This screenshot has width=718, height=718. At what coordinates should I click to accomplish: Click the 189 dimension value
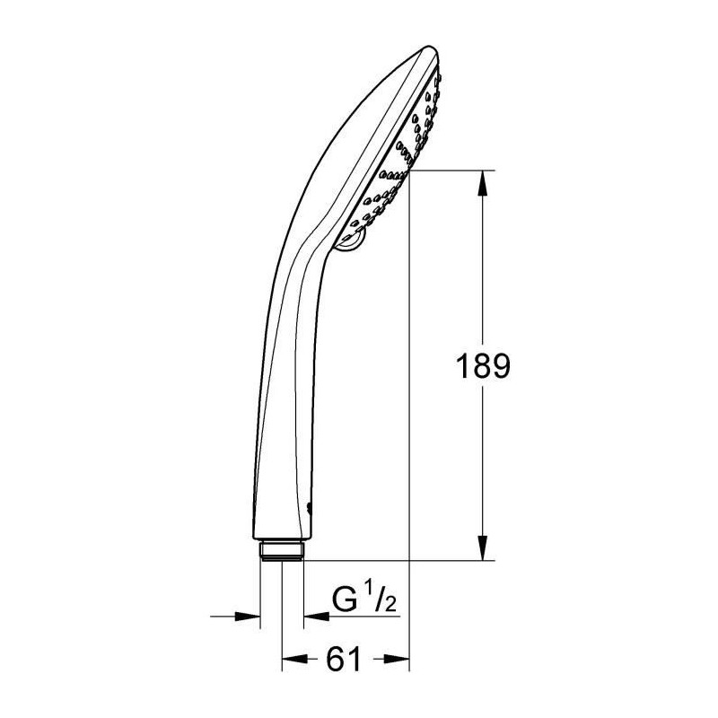pyautogui.click(x=483, y=366)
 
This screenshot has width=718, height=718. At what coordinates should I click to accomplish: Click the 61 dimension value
pyautogui.click(x=344, y=660)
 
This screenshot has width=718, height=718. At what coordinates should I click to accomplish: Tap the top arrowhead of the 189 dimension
pyautogui.click(x=483, y=183)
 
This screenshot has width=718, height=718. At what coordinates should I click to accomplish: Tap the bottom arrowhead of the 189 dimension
pyautogui.click(x=483, y=547)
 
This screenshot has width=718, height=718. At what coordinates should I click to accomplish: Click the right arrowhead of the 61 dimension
pyautogui.click(x=397, y=659)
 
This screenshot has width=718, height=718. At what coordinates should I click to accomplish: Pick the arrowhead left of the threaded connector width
pyautogui.click(x=248, y=617)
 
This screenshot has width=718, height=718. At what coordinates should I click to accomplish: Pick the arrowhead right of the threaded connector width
pyautogui.click(x=317, y=617)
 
